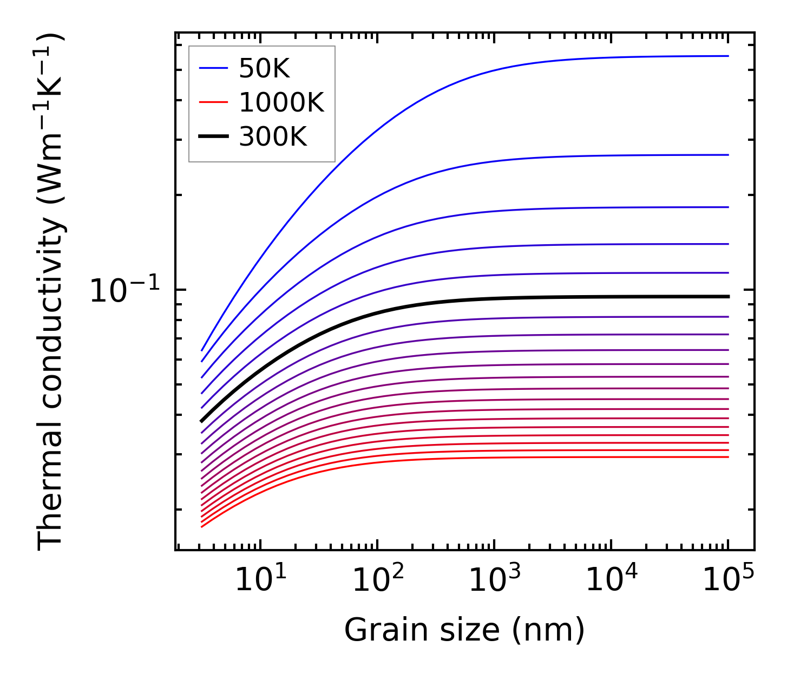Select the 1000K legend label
tap(281, 102)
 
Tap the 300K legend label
tap(273, 137)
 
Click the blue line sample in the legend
tap(213, 68)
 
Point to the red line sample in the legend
tap(213, 102)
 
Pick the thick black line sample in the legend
tap(213, 137)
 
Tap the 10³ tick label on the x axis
tap(494, 581)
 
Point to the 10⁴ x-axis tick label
tap(611, 581)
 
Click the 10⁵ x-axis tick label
tap(727, 581)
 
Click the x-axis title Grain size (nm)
tap(464, 630)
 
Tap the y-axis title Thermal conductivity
tap(51, 292)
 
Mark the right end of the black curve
tap(729, 297)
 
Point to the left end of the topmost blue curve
tap(202, 350)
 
